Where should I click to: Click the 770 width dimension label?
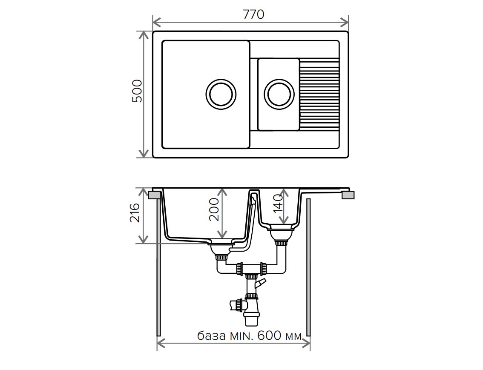(253, 14)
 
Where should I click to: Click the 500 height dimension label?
(137, 91)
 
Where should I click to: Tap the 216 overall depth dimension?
(135, 213)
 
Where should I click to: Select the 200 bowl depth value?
(214, 209)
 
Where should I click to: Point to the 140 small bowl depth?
(278, 203)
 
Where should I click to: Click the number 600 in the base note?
(270, 335)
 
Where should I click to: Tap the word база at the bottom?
(211, 336)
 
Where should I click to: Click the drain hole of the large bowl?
(221, 94)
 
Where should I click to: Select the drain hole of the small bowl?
(279, 94)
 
